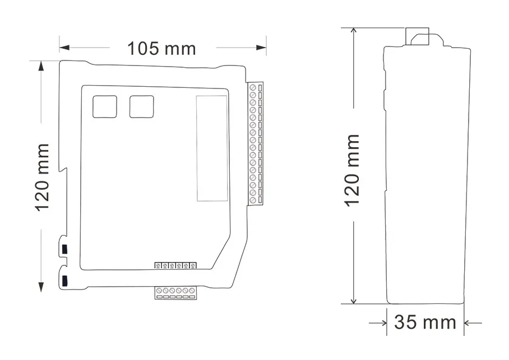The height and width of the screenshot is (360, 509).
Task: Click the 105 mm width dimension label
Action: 161,49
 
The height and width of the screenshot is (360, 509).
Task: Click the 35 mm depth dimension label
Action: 425,322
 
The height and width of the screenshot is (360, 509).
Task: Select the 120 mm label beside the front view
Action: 42,177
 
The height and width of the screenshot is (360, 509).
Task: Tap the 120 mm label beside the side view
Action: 352,170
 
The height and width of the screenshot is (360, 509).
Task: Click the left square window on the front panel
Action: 104,107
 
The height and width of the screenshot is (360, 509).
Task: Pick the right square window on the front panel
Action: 141,107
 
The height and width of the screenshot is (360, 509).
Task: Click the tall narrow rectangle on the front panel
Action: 212,148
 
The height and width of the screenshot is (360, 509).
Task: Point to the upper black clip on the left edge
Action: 64,249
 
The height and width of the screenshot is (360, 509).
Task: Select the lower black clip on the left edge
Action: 64,281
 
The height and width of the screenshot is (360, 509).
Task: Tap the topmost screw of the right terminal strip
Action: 253,87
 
